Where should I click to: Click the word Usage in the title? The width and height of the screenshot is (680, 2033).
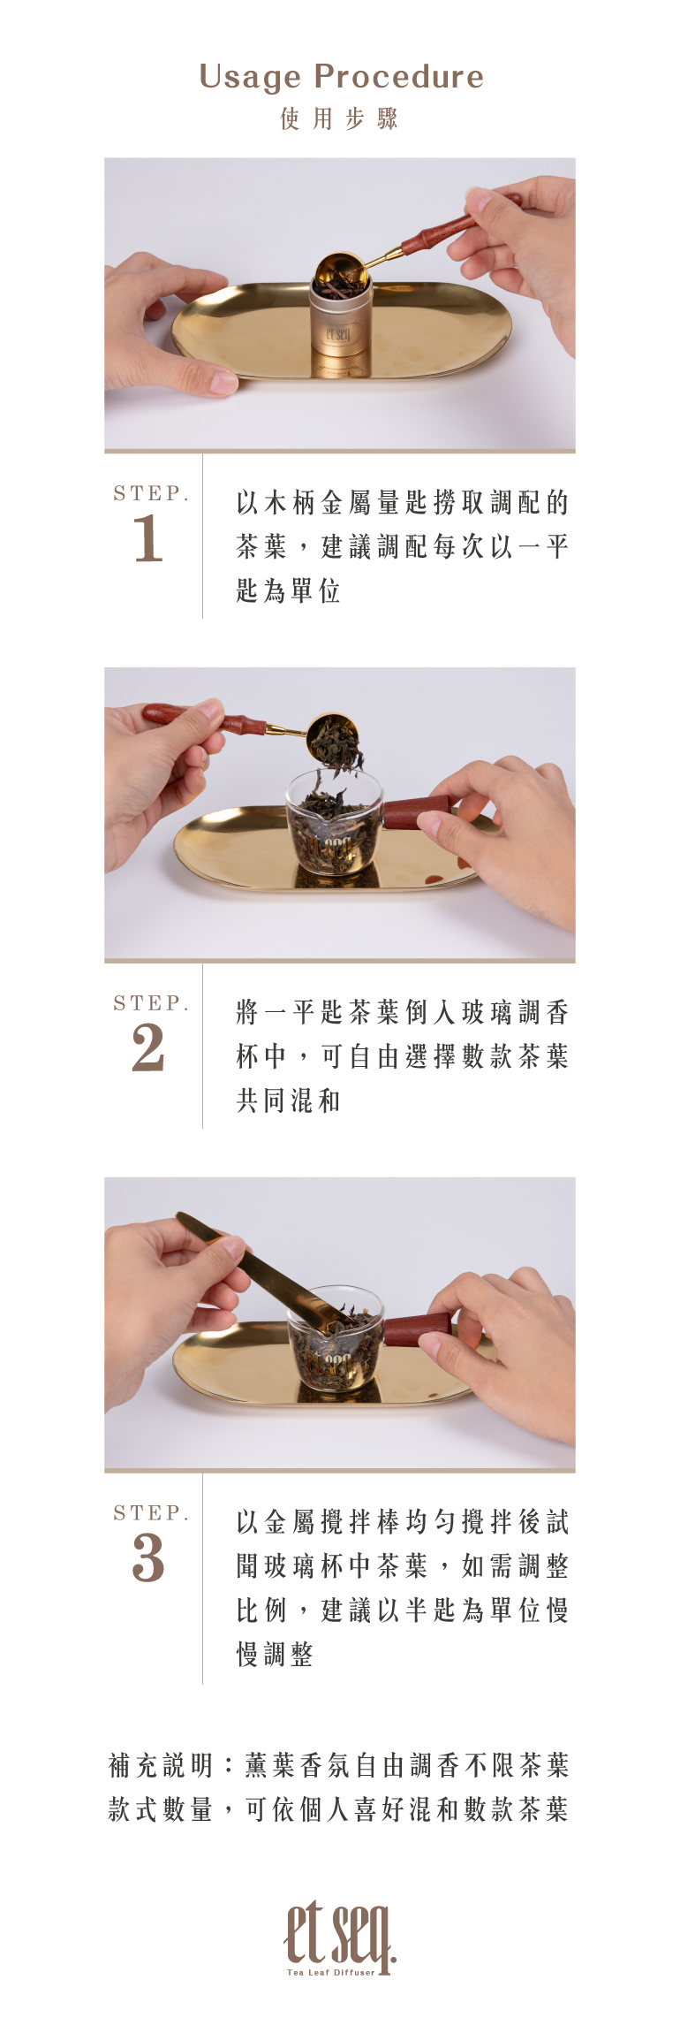point(250,78)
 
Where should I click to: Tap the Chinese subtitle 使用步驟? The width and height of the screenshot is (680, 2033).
point(340,118)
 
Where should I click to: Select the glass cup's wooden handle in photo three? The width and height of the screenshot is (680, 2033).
point(419,1329)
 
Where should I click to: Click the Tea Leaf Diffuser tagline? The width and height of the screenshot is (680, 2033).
point(331,1972)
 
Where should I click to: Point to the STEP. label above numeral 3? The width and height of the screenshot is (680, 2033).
point(151,1512)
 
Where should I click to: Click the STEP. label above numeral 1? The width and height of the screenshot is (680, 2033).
point(151,493)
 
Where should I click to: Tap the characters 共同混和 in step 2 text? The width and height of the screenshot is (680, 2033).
point(288,1100)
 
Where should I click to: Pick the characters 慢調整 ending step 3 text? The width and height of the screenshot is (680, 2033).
point(275,1654)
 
